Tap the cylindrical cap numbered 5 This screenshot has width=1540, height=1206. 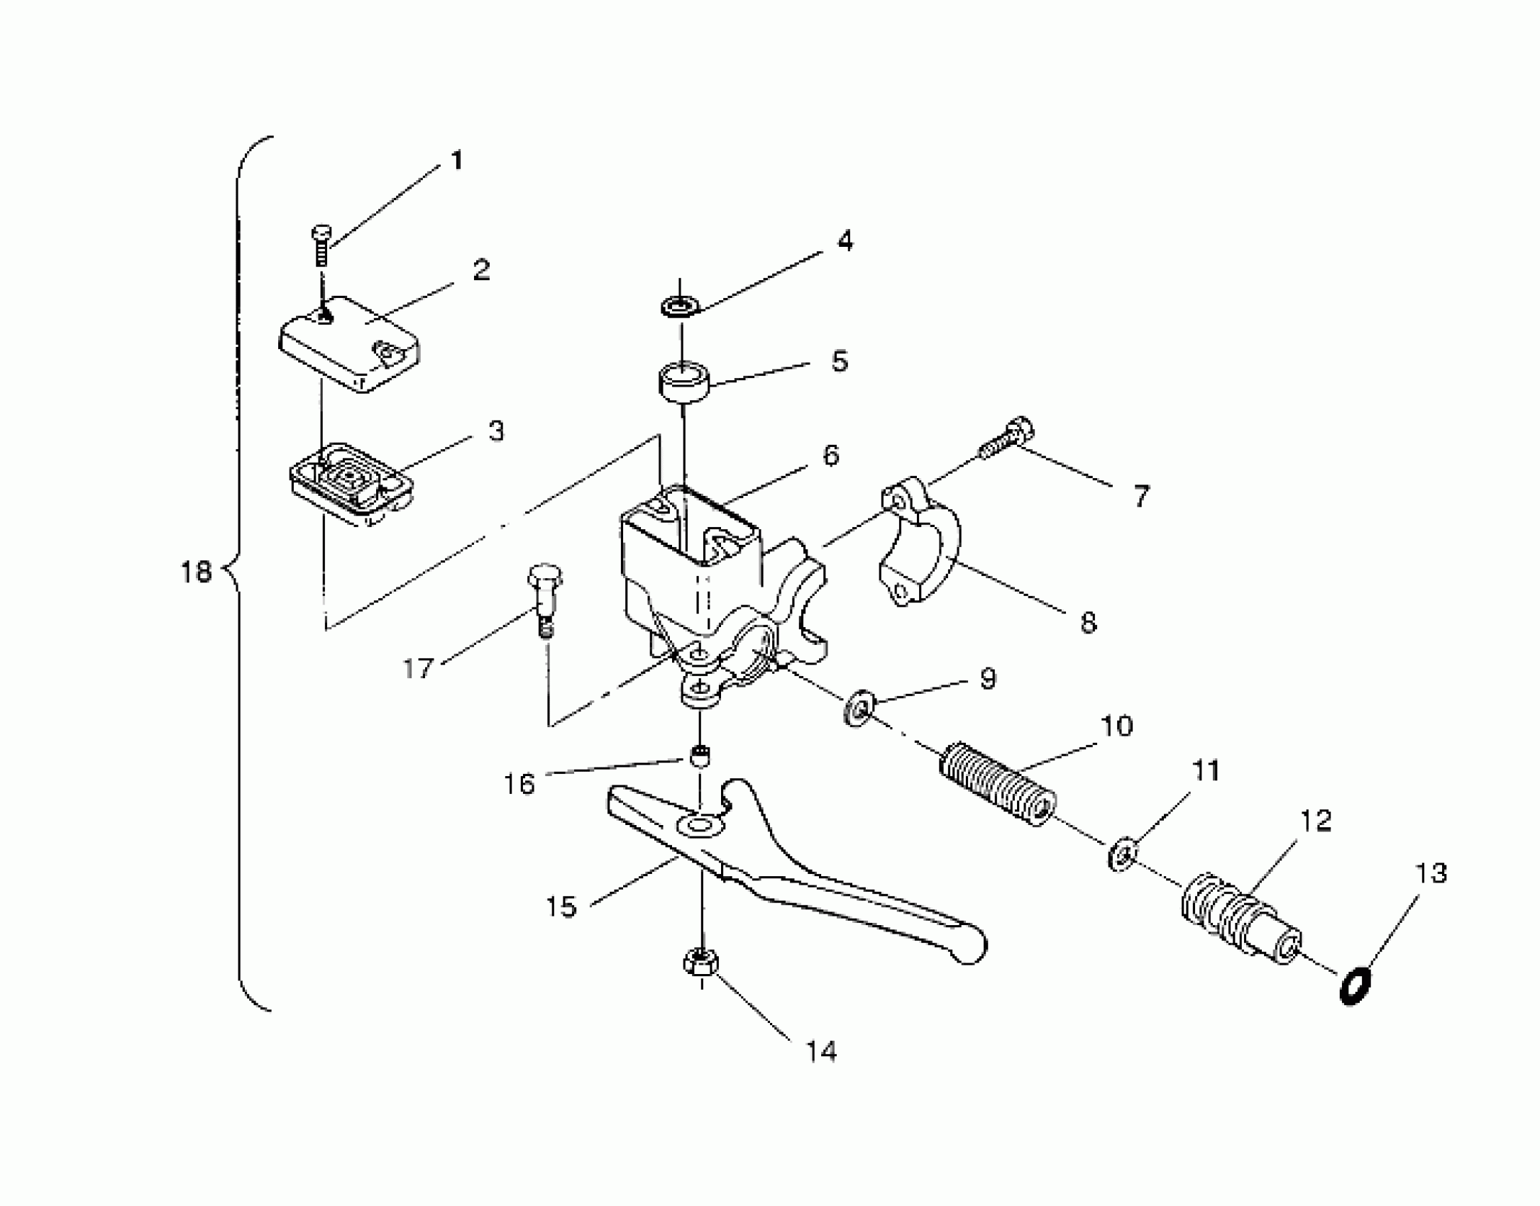(686, 382)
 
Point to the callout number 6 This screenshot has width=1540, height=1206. (831, 455)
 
